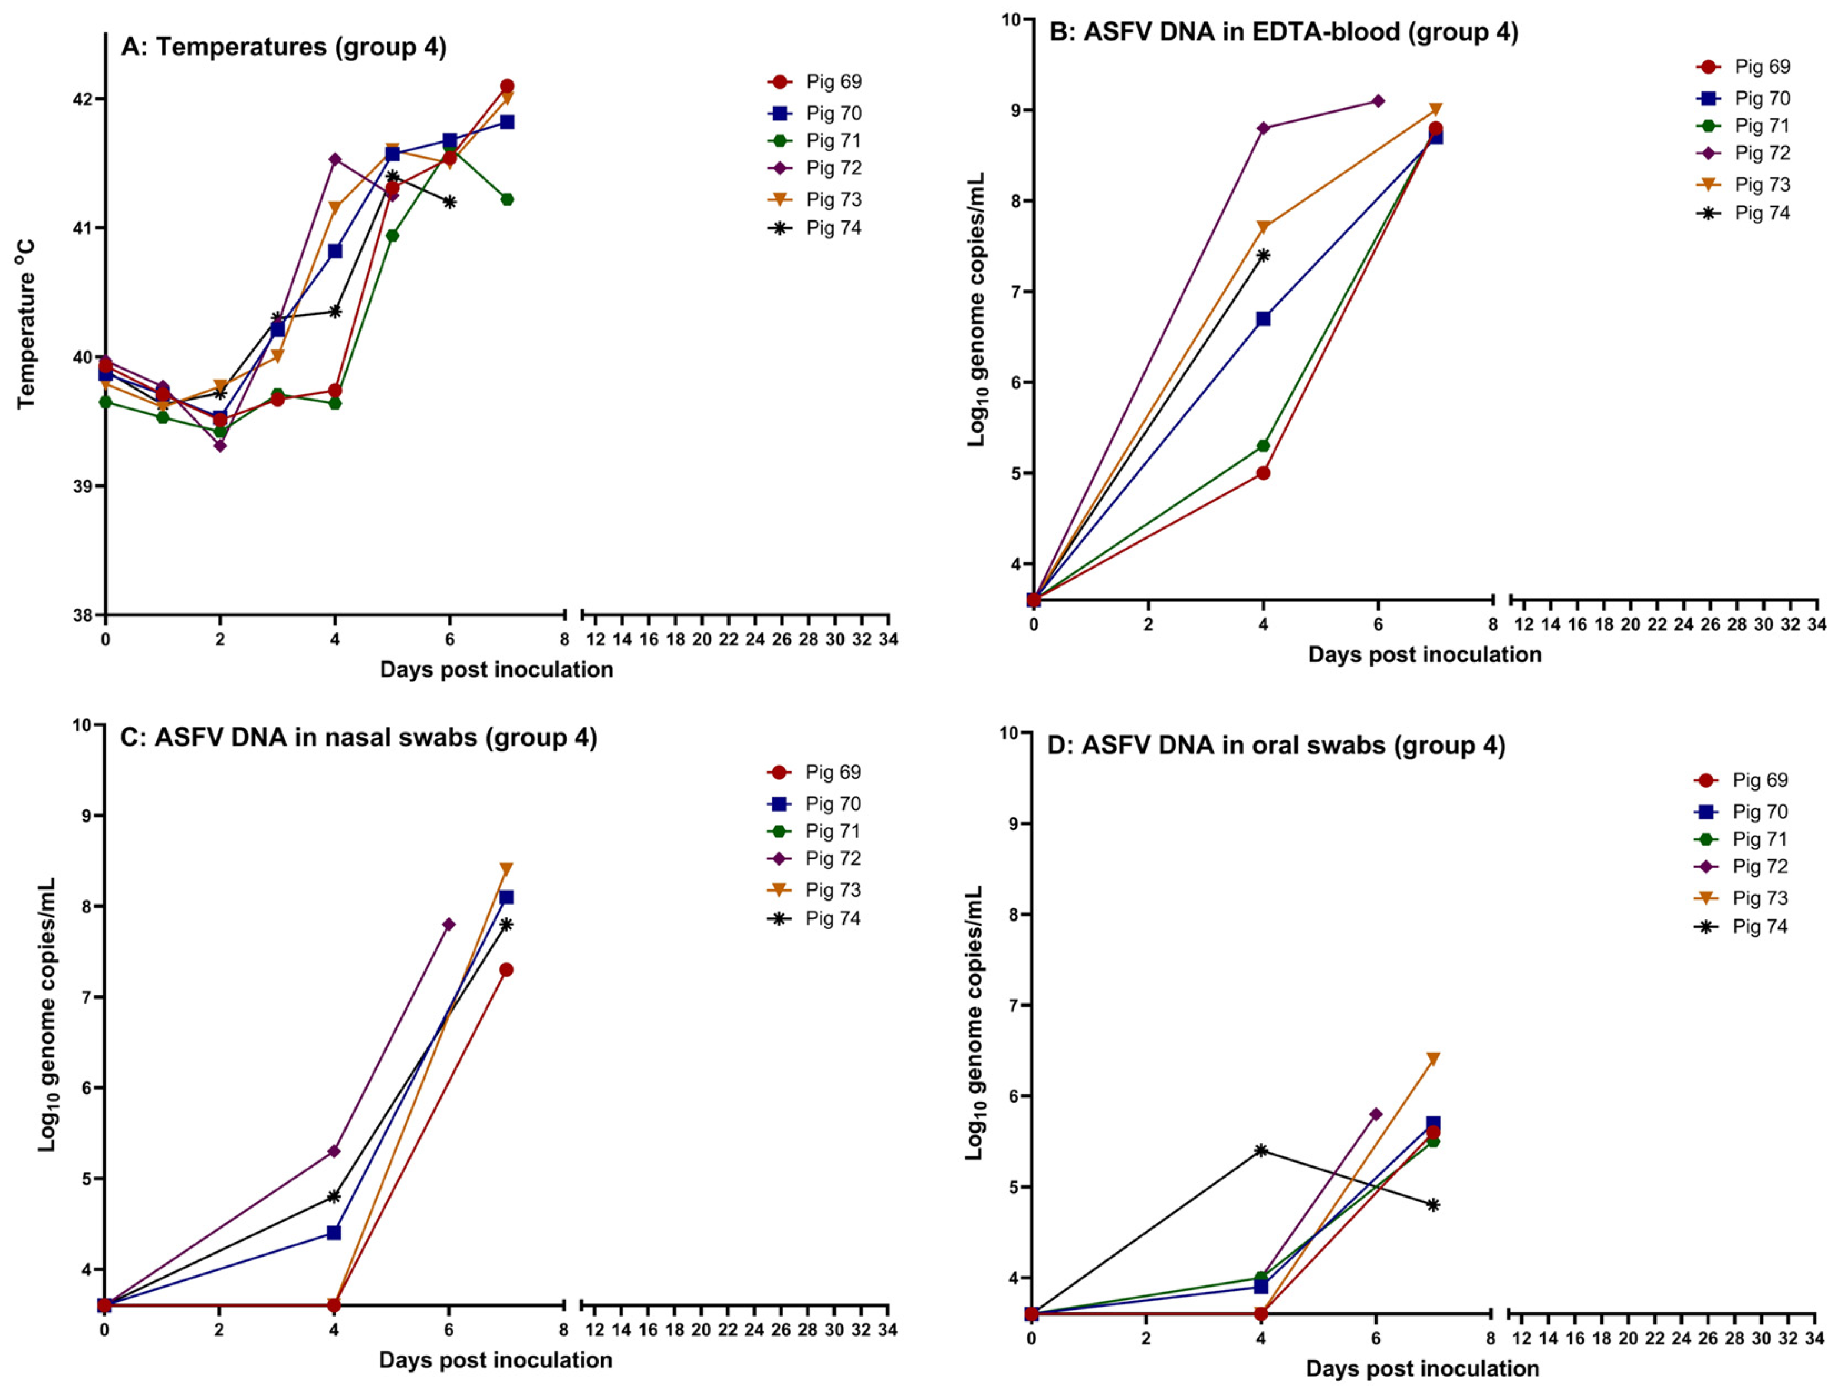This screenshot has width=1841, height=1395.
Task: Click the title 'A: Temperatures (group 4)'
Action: pyautogui.click(x=284, y=47)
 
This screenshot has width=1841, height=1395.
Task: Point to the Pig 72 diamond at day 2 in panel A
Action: pyautogui.click(x=220, y=446)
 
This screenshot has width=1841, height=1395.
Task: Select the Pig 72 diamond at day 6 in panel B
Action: pyautogui.click(x=1378, y=101)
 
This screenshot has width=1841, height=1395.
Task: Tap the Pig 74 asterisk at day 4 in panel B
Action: pyautogui.click(x=1263, y=255)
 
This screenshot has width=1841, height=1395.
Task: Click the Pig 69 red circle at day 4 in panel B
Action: pyautogui.click(x=1263, y=473)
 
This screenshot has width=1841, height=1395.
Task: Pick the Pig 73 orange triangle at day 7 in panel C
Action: pyautogui.click(x=506, y=869)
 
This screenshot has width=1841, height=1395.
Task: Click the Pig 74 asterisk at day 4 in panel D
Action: pyautogui.click(x=1261, y=1150)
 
